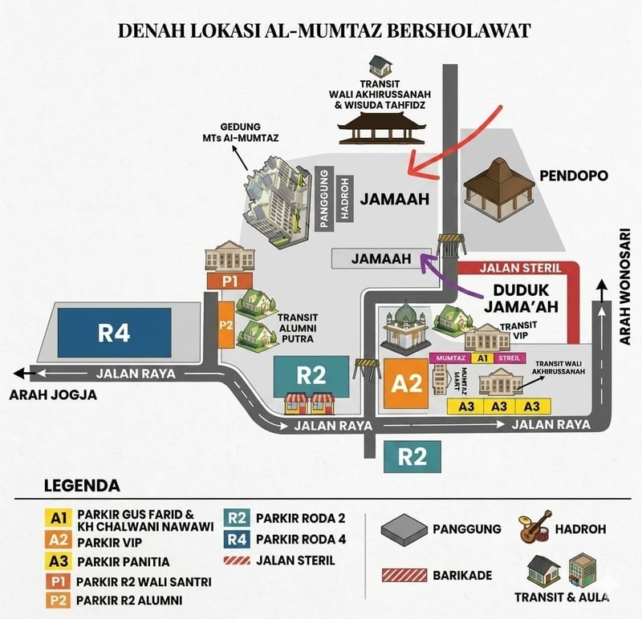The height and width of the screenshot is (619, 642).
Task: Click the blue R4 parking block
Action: [114, 333]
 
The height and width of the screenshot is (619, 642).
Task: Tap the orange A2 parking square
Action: [406, 384]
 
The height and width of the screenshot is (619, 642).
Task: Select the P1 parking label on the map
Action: [230, 281]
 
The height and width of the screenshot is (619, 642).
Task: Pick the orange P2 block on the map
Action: [226, 326]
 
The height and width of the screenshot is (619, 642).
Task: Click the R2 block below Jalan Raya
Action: [412, 456]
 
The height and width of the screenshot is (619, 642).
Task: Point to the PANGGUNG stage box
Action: [324, 198]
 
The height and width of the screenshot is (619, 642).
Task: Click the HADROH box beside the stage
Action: [345, 198]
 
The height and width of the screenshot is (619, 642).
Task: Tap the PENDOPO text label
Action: [574, 176]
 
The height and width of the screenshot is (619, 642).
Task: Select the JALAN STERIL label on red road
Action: [520, 269]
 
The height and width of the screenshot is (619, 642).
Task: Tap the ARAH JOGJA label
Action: [53, 394]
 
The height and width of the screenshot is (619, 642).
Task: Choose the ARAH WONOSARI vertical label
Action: [624, 286]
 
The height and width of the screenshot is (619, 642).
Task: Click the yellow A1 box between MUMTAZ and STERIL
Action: [482, 358]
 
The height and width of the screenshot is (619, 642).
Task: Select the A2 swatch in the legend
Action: [58, 540]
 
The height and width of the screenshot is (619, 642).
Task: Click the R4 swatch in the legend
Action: [236, 540]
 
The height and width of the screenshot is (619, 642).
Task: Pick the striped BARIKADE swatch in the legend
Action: [404, 575]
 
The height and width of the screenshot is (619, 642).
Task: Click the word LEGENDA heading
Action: [82, 486]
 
